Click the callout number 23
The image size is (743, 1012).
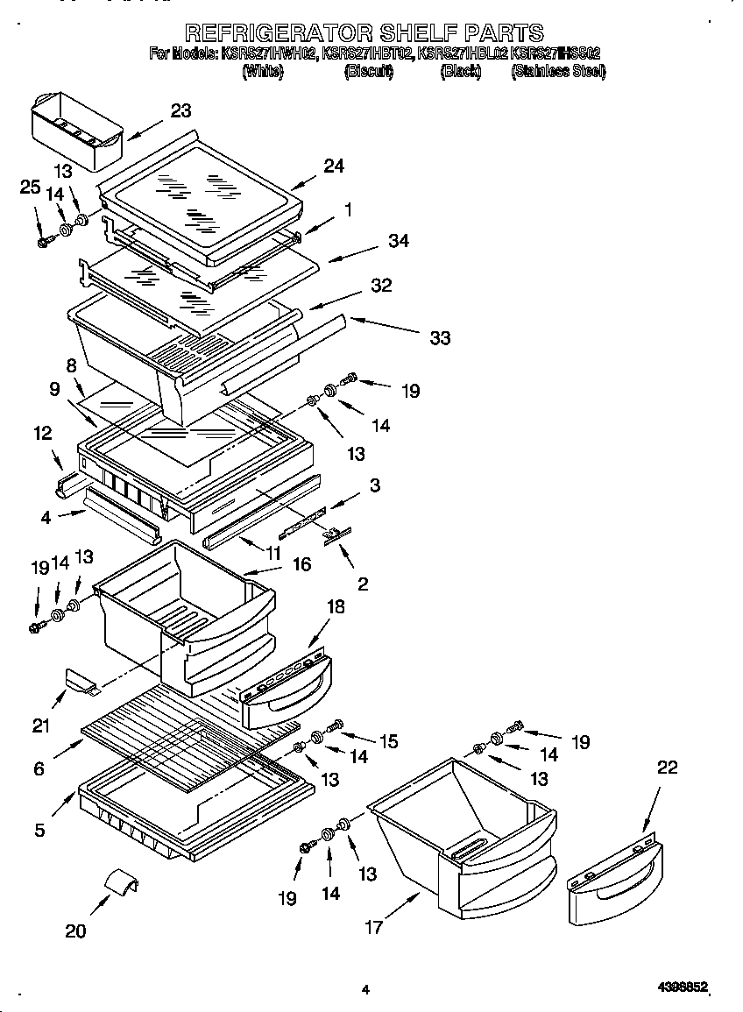[180, 110]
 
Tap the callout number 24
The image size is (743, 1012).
[333, 166]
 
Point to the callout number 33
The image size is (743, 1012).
[439, 337]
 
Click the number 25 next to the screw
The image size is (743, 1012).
[30, 187]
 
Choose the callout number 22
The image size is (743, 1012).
[667, 768]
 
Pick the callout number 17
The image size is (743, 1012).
[374, 927]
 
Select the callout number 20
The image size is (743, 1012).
[76, 931]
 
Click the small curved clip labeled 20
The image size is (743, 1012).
[122, 882]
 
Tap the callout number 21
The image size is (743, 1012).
[41, 725]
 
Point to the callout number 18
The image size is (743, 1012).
[336, 607]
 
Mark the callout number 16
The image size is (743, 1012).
[301, 565]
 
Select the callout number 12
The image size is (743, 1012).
[42, 433]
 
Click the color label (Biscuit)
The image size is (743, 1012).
[368, 72]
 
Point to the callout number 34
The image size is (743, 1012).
[398, 241]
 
